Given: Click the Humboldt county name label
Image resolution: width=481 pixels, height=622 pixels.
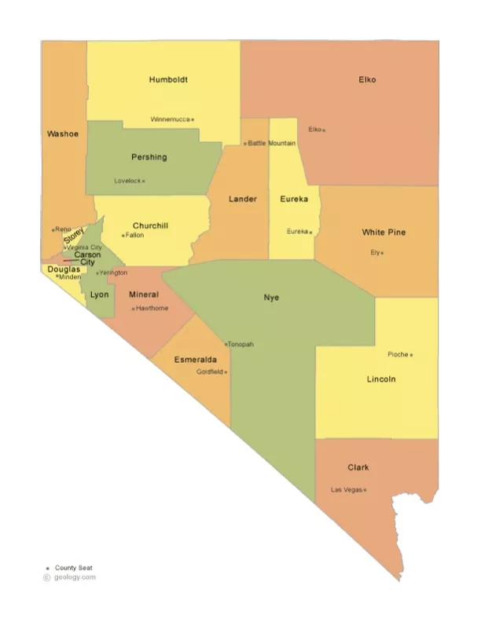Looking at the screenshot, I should point(168,79).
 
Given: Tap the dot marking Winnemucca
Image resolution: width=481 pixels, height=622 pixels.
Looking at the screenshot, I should point(193,120).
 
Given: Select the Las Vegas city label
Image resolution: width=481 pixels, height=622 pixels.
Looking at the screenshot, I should point(346,490).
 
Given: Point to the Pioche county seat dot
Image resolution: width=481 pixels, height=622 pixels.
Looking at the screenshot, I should point(411,355).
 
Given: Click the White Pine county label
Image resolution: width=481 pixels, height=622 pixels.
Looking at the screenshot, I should point(384,232).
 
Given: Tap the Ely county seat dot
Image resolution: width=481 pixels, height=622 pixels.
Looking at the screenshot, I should point(382,253).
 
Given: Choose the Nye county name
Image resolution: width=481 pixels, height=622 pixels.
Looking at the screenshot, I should point(271,298).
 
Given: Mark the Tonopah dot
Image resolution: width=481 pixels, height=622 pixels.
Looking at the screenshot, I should point(226,345).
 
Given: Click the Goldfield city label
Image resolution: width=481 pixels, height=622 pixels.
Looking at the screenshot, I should point(210,371).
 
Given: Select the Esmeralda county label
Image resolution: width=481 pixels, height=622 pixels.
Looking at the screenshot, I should point(196,359).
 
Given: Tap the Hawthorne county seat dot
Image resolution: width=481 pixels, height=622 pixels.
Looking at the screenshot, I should point(133,309).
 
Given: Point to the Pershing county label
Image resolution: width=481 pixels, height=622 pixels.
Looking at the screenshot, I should point(149,157).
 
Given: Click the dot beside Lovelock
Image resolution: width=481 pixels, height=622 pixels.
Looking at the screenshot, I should point(143,181).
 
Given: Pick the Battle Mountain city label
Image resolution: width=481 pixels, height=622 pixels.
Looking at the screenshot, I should point(272,143).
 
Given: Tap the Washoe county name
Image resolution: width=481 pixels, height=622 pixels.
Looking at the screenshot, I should point(63,134).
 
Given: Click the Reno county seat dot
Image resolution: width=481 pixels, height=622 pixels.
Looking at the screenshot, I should point(53,229).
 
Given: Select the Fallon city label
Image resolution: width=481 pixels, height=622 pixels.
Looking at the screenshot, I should point(134,235).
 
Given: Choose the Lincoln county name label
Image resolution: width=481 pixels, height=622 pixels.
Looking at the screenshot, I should point(381,379).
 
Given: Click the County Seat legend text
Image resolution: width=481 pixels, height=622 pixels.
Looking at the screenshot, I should point(74,568).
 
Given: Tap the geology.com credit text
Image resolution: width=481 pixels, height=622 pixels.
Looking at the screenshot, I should point(75,577).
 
